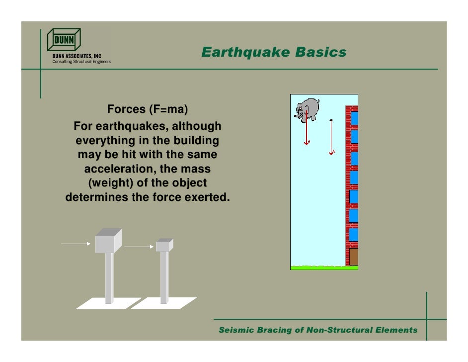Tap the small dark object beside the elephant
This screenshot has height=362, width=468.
click(x=331, y=120)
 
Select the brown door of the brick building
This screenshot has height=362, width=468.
click(x=353, y=257)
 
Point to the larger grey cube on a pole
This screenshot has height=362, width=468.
click(x=108, y=241)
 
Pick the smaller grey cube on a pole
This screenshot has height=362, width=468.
click(x=164, y=245)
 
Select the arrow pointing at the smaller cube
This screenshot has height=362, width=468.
click(x=139, y=246)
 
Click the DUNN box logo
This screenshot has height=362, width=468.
click(x=64, y=39)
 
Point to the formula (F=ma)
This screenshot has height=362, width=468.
click(x=169, y=109)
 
